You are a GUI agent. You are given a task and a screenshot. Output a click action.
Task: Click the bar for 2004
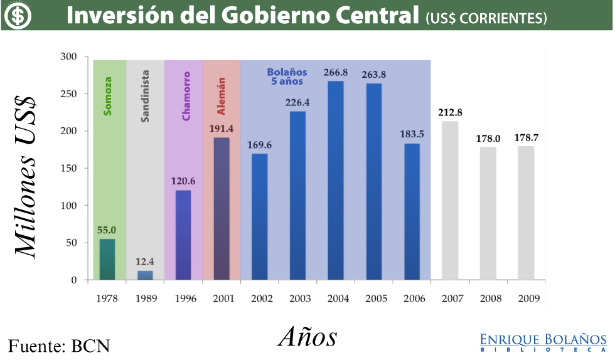(336, 181)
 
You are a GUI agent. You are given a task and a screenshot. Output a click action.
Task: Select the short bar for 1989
(145, 275)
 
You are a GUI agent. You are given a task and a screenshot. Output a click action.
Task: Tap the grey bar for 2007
(450, 201)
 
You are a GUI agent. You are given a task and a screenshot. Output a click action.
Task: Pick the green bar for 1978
(107, 259)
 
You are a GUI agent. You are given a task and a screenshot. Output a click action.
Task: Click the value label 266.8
(336, 72)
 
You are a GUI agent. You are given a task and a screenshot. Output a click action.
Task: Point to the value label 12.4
(145, 262)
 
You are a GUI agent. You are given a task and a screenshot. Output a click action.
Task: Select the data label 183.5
(412, 134)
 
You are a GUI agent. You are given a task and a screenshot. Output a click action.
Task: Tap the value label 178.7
(526, 137)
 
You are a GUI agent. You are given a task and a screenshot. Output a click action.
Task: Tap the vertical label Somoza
(108, 96)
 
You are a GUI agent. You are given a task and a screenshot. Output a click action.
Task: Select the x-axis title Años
(307, 337)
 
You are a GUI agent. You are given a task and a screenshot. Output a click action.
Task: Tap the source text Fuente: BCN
(59, 346)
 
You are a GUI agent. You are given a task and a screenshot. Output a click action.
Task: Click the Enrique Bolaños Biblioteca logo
(543, 342)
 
